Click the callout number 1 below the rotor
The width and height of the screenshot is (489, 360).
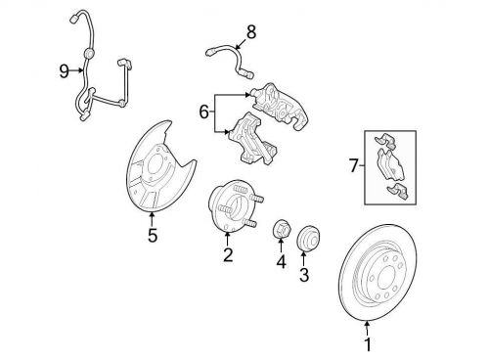click(x=368, y=344)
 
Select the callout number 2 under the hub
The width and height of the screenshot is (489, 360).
click(x=228, y=254)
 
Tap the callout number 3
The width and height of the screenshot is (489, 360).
click(x=304, y=275)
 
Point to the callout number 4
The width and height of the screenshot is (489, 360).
click(x=281, y=261)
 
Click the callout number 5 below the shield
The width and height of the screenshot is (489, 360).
click(x=153, y=235)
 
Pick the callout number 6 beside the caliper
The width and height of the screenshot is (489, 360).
click(x=203, y=112)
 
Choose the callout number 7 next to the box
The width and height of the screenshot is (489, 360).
click(x=354, y=165)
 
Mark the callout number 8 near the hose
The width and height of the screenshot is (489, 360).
click(x=251, y=32)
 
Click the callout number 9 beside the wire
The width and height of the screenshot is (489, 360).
click(x=65, y=70)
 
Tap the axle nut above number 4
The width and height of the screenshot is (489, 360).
click(x=281, y=229)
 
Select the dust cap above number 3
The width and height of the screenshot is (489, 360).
click(x=308, y=239)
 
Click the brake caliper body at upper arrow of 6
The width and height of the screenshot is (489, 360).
click(x=280, y=106)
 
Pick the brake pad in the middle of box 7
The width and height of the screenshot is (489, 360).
click(x=391, y=164)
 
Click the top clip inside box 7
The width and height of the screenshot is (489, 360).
click(x=385, y=141)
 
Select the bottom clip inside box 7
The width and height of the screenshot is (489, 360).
click(x=398, y=192)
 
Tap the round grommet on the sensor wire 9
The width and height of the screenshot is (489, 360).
click(x=88, y=53)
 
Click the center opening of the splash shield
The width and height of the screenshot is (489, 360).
click(x=156, y=165)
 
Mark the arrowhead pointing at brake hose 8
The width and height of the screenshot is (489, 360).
click(x=238, y=47)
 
